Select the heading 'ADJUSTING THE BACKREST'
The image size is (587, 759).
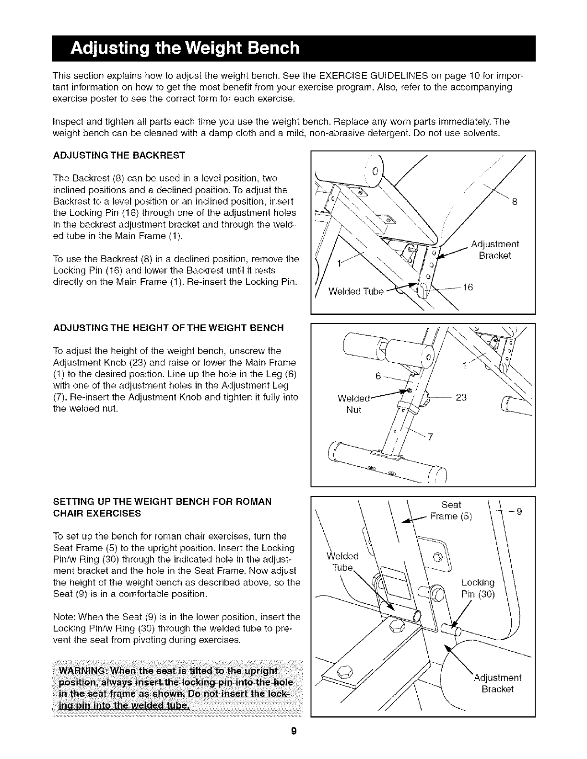[118, 156]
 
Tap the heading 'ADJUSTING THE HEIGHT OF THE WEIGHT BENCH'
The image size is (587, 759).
[168, 328]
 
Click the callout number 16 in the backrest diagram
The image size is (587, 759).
[468, 287]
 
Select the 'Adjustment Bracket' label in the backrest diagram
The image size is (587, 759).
[495, 250]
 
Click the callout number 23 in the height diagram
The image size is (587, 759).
[461, 397]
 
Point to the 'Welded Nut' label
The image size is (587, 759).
[354, 403]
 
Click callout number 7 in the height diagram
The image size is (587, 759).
[430, 437]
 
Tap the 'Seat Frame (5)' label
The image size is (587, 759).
[451, 510]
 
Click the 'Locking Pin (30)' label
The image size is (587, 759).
[478, 589]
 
